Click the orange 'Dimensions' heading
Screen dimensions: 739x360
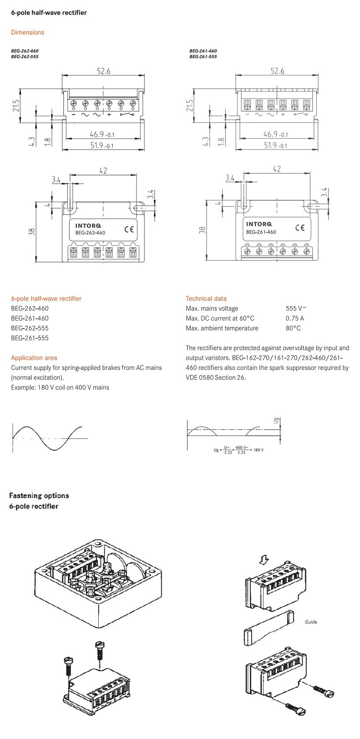pyautogui.click(x=27, y=32)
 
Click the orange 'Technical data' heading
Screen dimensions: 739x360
pyautogui.click(x=206, y=298)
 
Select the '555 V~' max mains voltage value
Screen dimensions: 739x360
pyautogui.click(x=296, y=308)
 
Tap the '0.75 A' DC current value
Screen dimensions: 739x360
pyautogui.click(x=294, y=318)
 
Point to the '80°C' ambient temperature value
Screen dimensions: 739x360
pyautogui.click(x=293, y=328)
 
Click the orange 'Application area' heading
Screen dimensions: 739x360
pyautogui.click(x=34, y=358)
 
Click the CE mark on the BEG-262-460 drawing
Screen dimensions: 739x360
pyautogui.click(x=129, y=229)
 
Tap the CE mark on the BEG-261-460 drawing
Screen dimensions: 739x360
pyautogui.click(x=300, y=227)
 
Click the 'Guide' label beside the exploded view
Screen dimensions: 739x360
pyautogui.click(x=311, y=622)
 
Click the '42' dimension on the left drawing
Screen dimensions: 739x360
pyautogui.click(x=103, y=171)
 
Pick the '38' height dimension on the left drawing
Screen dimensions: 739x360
pyautogui.click(x=32, y=232)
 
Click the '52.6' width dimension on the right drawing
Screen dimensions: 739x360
pyautogui.click(x=277, y=71)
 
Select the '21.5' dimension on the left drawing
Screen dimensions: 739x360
pyautogui.click(x=16, y=106)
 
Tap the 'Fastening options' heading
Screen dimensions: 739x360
pyautogui.click(x=39, y=495)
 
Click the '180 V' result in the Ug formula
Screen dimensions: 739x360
pyautogui.click(x=258, y=450)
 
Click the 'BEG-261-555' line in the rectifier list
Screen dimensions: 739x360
pyautogui.click(x=30, y=338)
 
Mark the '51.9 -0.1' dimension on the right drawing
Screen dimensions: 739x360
pyautogui.click(x=276, y=145)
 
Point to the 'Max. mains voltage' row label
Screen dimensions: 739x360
pyautogui.click(x=212, y=308)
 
